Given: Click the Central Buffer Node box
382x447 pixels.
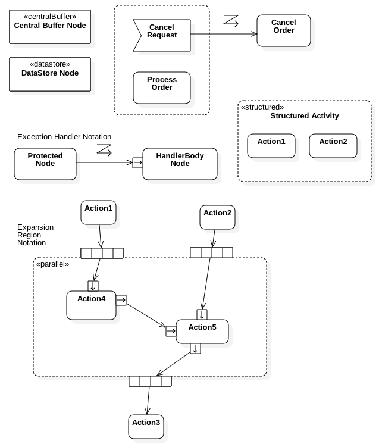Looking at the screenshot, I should tap(50, 27).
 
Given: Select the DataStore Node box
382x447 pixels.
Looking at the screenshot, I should tap(50, 74).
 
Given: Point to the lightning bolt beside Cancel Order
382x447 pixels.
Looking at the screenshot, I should tap(231, 21).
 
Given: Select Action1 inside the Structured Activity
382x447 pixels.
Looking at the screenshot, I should tap(271, 145).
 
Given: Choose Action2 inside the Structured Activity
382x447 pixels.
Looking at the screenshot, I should tap(333, 145).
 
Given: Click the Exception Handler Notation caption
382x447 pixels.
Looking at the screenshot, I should tap(64, 137).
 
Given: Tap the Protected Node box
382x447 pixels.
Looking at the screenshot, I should tap(45, 164).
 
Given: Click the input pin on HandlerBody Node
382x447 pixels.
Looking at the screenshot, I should tap(137, 161).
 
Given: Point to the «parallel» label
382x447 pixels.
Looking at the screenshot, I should tap(53, 264).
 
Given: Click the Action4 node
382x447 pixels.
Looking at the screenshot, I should tap(91, 305).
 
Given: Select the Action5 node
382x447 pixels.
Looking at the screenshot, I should tap(202, 331).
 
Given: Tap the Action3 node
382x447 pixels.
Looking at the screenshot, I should tap(146, 427).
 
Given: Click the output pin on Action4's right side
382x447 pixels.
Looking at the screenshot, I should tap(121, 300).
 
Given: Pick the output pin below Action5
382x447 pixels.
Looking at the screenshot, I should tap(195, 349).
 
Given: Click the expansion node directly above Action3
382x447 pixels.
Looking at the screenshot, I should tap(150, 381).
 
